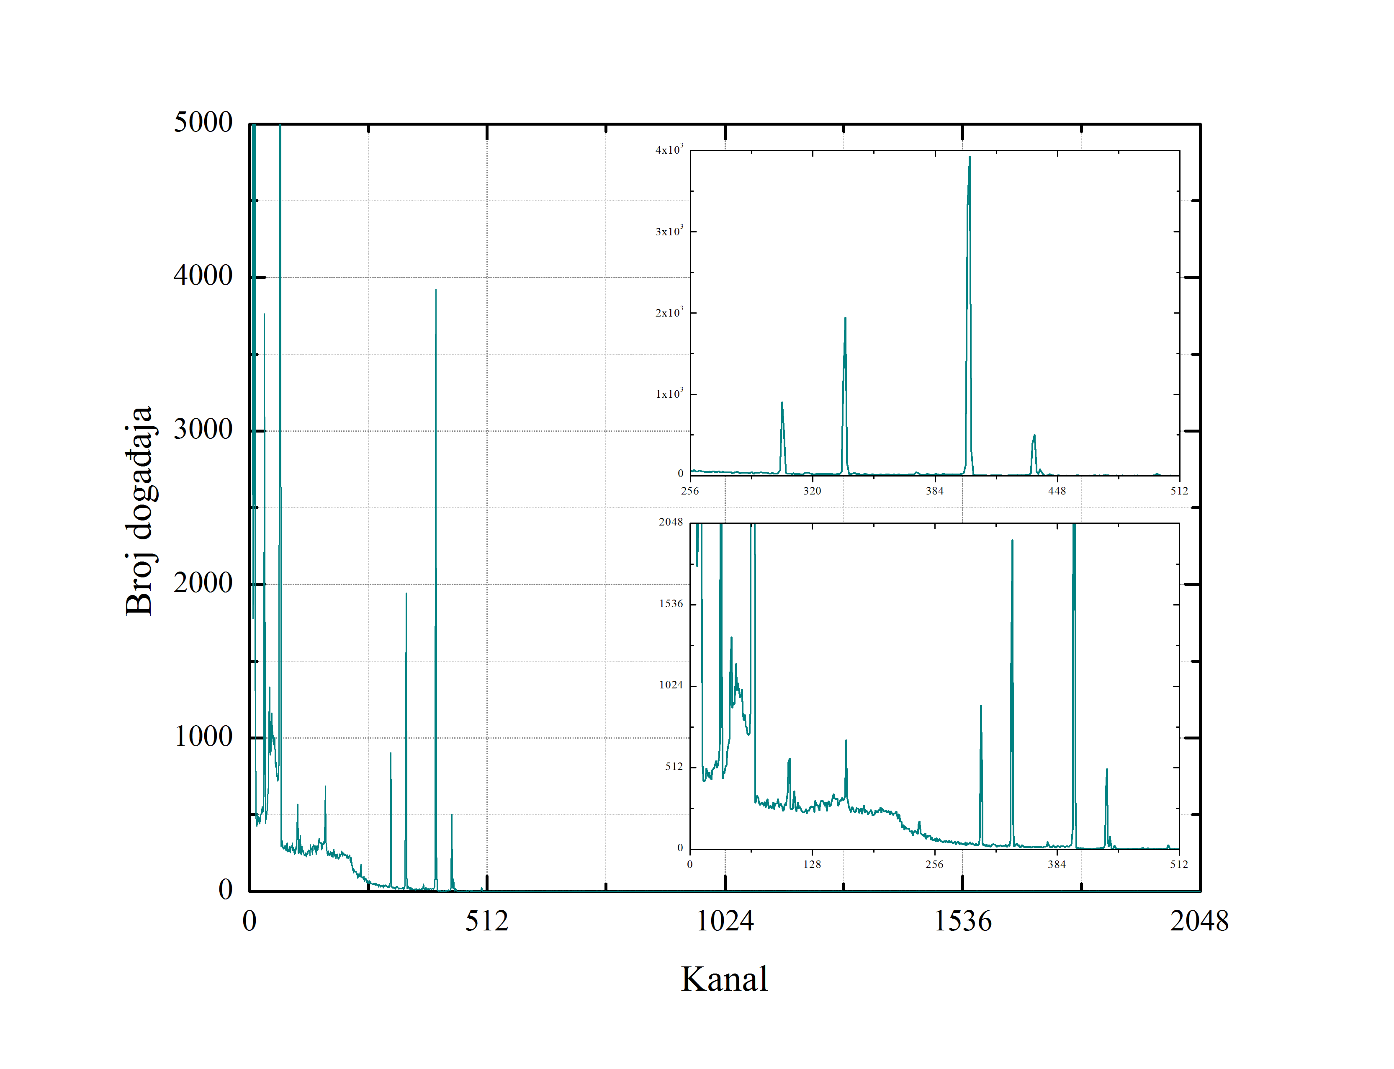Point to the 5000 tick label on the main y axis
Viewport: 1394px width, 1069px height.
[203, 122]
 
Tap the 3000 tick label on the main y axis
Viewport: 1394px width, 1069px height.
[203, 430]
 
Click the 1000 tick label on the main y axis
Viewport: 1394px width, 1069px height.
[203, 737]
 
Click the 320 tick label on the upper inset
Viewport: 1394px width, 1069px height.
[812, 491]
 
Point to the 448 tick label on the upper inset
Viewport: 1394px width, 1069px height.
[1057, 491]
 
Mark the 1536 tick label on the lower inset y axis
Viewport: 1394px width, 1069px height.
[671, 603]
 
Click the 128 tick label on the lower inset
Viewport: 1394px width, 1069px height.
[812, 864]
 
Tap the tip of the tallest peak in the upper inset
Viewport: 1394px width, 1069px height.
[970, 157]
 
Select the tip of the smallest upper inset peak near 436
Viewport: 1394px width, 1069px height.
[1034, 436]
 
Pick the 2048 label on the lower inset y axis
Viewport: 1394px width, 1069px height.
[671, 522]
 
